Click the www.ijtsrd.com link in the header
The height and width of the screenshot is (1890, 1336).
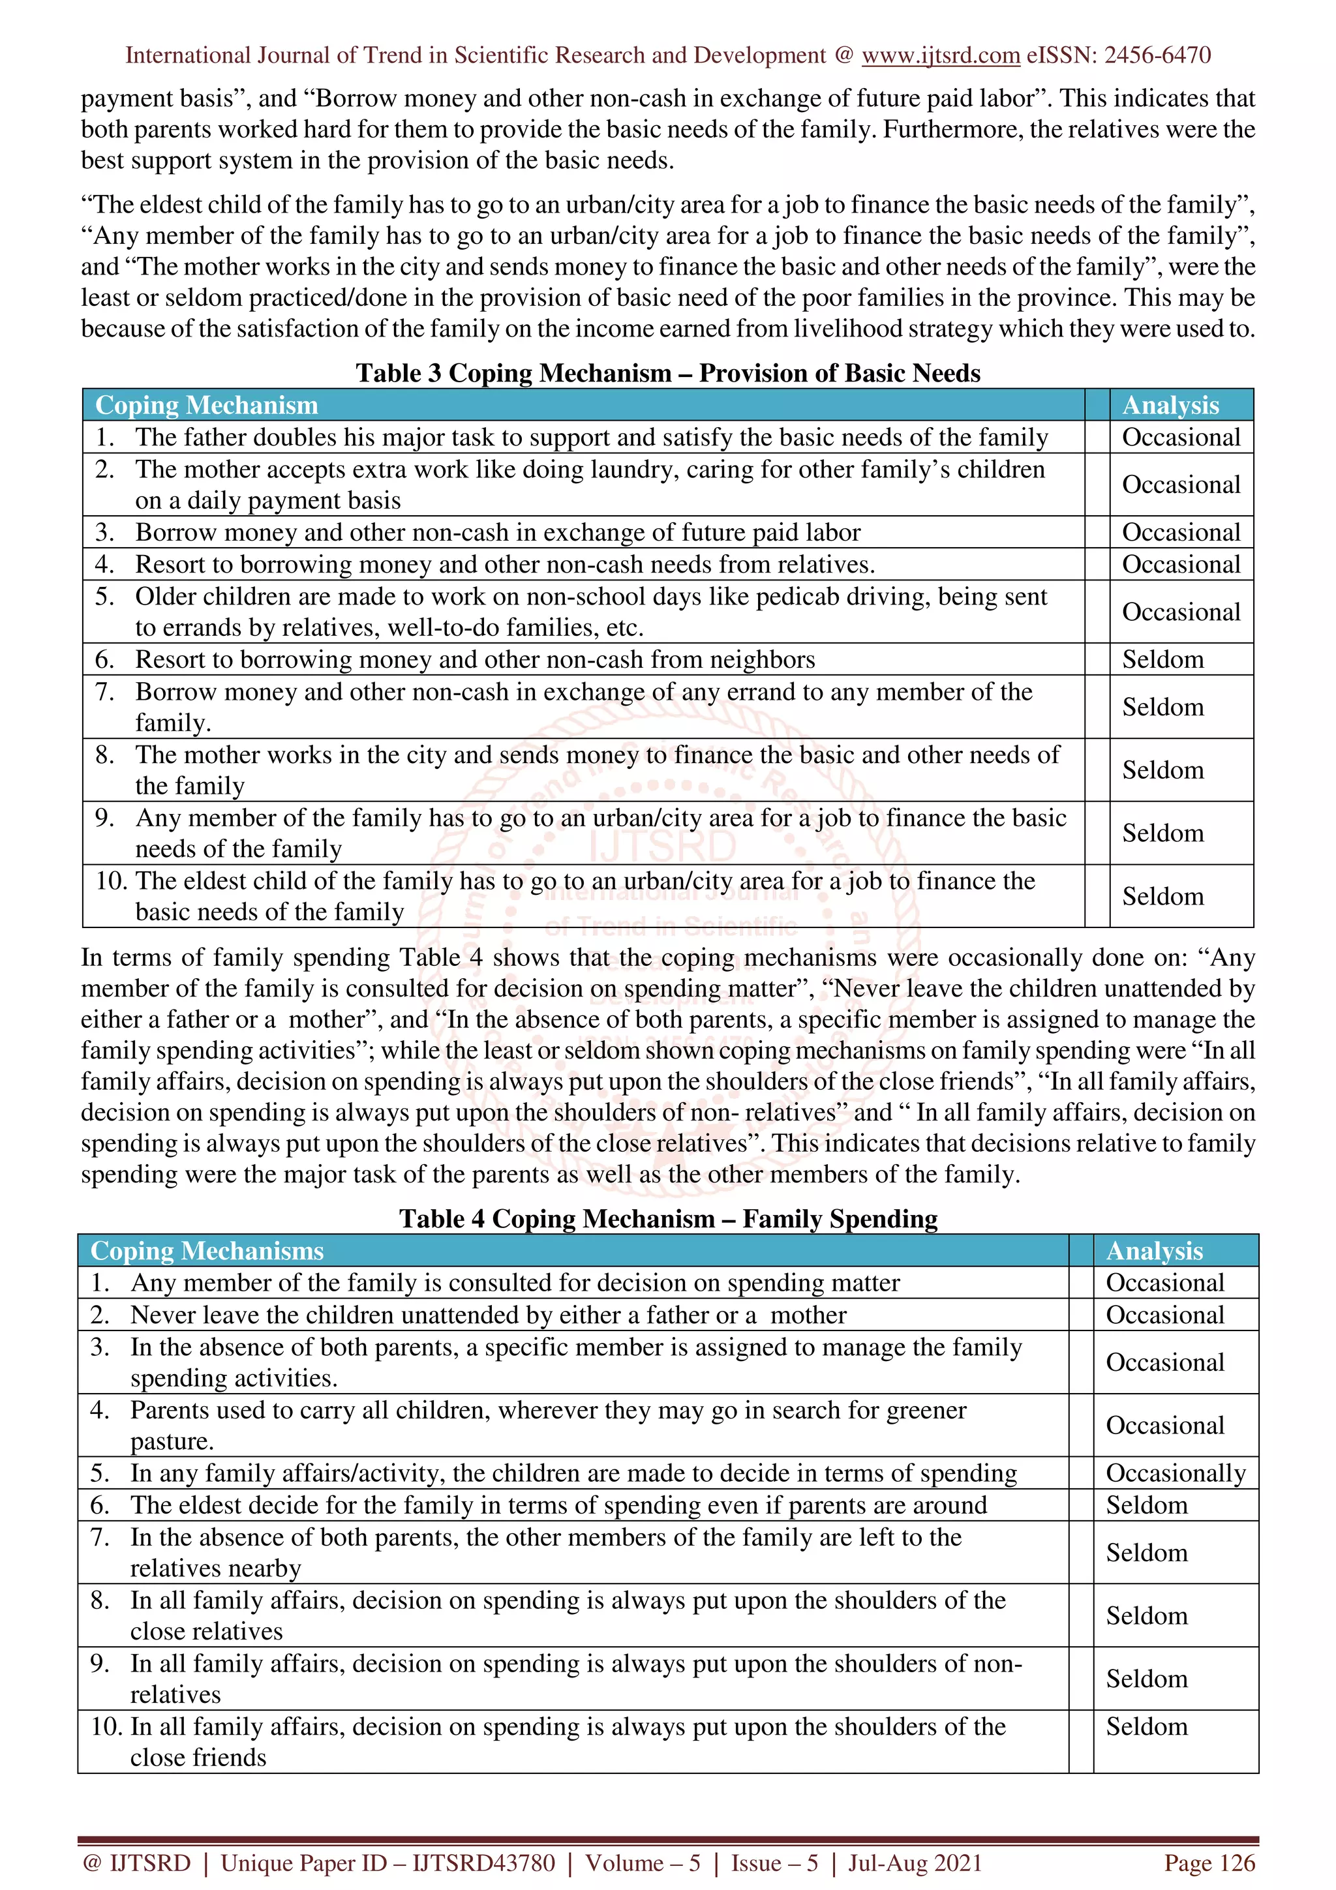[x=940, y=55]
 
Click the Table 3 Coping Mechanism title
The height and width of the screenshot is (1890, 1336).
[x=667, y=373]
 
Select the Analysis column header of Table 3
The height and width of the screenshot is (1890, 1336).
[x=1170, y=405]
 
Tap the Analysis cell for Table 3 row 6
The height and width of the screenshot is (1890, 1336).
[x=1162, y=659]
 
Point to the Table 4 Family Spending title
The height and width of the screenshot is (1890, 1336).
[x=667, y=1218]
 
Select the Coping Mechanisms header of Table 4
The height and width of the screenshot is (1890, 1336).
[x=207, y=1250]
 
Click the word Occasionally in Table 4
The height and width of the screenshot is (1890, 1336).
[x=1175, y=1473]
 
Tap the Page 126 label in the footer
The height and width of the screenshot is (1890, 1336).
[x=1208, y=1863]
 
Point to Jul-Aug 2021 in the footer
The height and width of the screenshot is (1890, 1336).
[x=915, y=1863]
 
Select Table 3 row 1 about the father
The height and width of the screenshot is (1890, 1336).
[x=591, y=437]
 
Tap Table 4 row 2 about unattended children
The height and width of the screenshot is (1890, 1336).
[x=487, y=1315]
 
